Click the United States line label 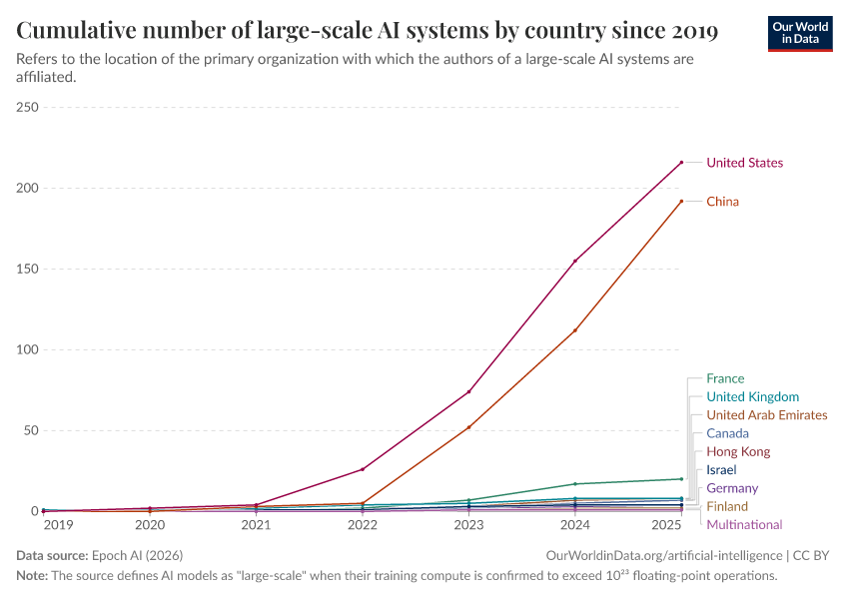[744, 163]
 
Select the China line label [722, 202]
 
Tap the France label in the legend [725, 378]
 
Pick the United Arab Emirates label [766, 414]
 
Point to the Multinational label [744, 524]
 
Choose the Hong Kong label [738, 451]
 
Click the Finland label [726, 506]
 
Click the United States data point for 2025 [681, 163]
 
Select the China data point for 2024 [575, 330]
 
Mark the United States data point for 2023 [468, 391]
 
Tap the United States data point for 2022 [363, 469]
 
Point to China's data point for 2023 [468, 427]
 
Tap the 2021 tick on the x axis [256, 524]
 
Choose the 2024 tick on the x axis [575, 524]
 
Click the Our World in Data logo [800, 32]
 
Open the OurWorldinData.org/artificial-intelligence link [664, 555]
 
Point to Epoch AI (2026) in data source [139, 555]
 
